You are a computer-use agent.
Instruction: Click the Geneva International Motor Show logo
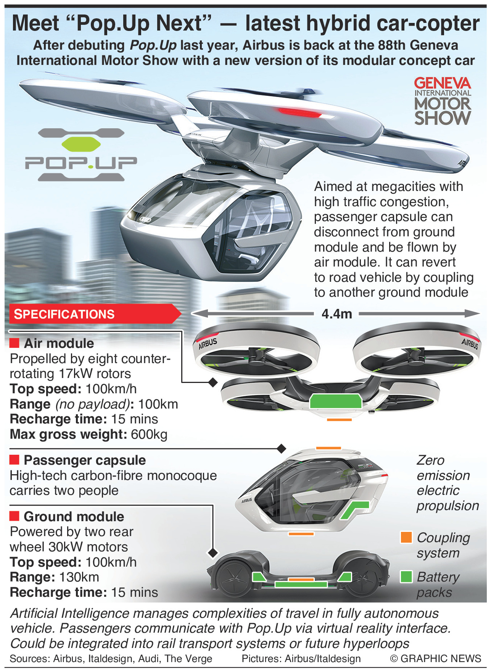pyautogui.click(x=443, y=101)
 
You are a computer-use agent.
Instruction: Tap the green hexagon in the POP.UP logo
pyautogui.click(x=81, y=144)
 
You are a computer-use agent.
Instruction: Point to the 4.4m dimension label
pyautogui.click(x=337, y=314)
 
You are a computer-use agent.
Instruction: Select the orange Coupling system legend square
pyautogui.click(x=406, y=537)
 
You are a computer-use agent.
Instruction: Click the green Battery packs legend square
pyautogui.click(x=406, y=577)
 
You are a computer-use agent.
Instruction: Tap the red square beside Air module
pyautogui.click(x=14, y=343)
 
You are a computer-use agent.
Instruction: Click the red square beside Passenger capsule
pyautogui.click(x=14, y=459)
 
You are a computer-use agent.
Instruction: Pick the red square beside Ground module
pyautogui.click(x=14, y=516)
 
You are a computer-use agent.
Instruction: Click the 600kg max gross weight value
pyautogui.click(x=149, y=435)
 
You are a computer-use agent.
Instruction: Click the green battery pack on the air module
pyautogui.click(x=335, y=401)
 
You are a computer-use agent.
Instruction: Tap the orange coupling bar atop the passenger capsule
pyautogui.click(x=328, y=448)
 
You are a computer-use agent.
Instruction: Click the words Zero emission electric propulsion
pyautogui.click(x=448, y=483)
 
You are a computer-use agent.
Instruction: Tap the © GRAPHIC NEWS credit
pyautogui.click(x=435, y=659)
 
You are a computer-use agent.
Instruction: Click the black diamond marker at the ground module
pyautogui.click(x=212, y=552)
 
